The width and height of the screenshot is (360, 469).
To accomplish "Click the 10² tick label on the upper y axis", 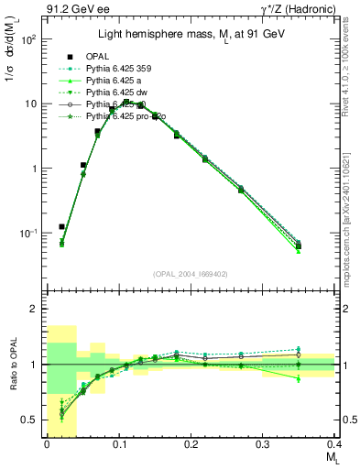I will coord(27,39).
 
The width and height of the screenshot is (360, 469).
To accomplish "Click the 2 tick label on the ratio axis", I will coord(33,309).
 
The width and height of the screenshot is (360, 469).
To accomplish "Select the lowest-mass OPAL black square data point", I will coord(61,226).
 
